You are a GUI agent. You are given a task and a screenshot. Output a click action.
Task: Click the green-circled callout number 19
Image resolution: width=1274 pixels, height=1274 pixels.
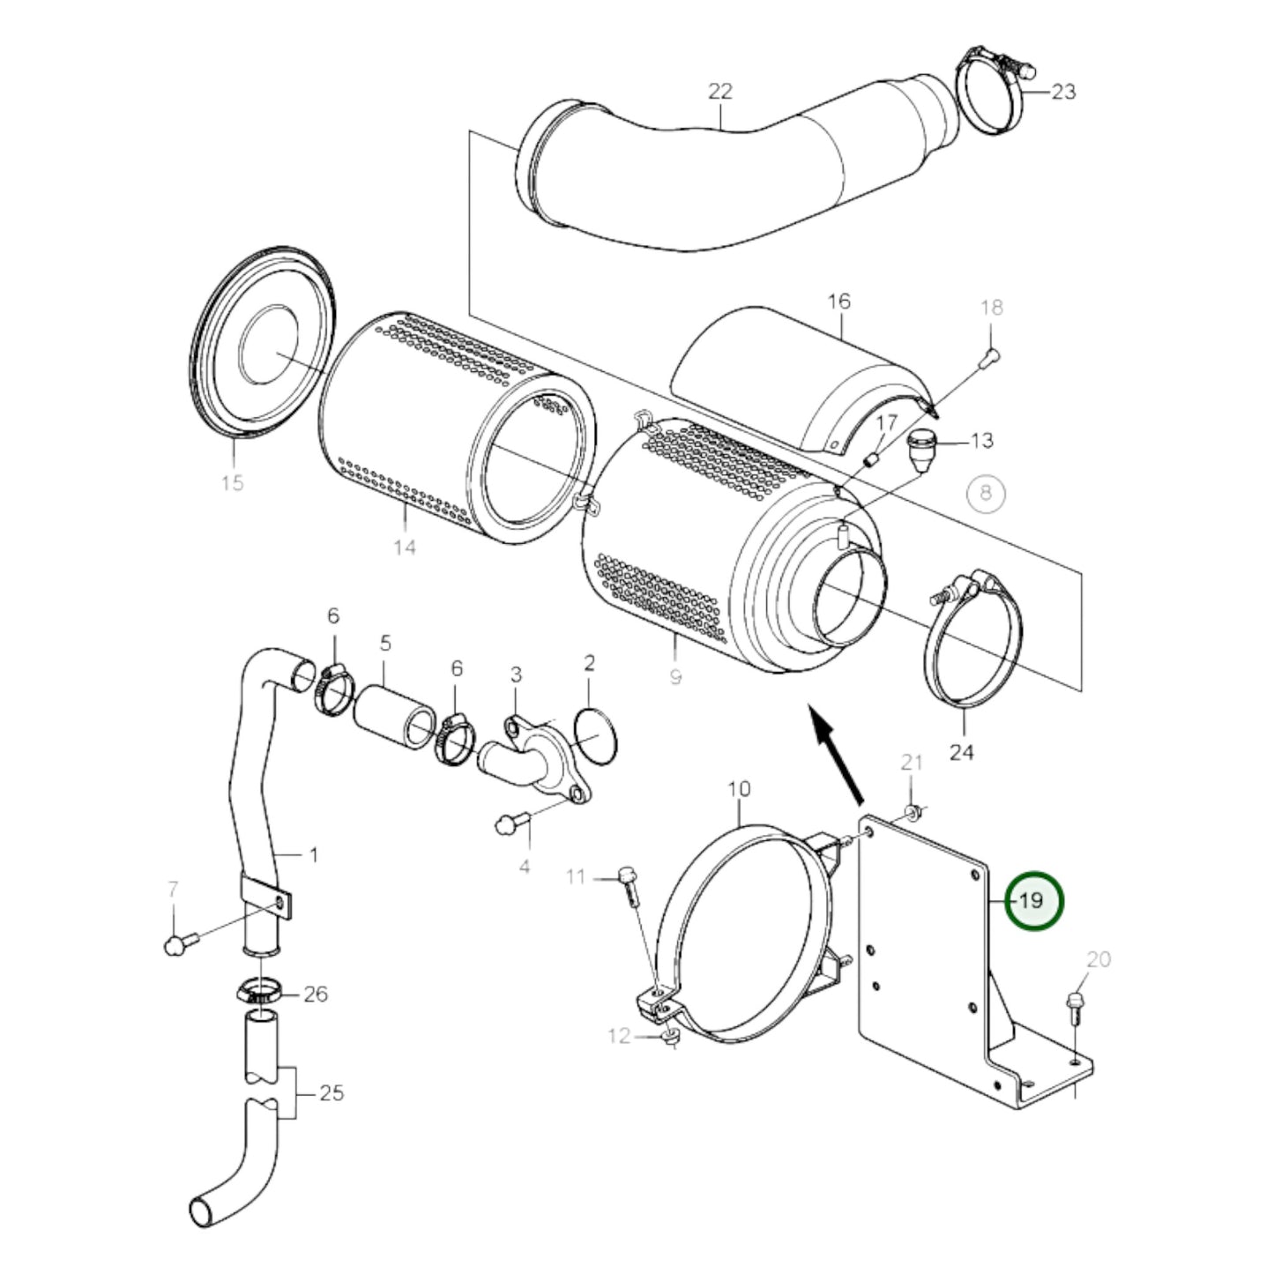tap(1035, 901)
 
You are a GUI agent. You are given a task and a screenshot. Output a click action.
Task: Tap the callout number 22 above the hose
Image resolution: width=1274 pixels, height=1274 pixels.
tap(720, 91)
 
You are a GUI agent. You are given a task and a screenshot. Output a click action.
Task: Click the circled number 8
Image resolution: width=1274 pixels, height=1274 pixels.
tap(986, 492)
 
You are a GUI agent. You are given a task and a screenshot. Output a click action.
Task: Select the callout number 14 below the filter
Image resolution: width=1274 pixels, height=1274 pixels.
tap(404, 548)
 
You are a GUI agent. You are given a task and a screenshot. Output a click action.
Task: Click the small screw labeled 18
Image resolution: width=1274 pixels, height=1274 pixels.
tap(990, 356)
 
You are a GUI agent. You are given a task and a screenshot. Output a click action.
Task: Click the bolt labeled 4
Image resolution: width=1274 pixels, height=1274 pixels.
tap(510, 825)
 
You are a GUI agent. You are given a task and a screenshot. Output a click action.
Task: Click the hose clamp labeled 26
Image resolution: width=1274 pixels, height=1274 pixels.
tap(259, 992)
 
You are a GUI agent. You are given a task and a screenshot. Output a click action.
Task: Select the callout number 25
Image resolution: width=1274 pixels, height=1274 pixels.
tap(331, 1093)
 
